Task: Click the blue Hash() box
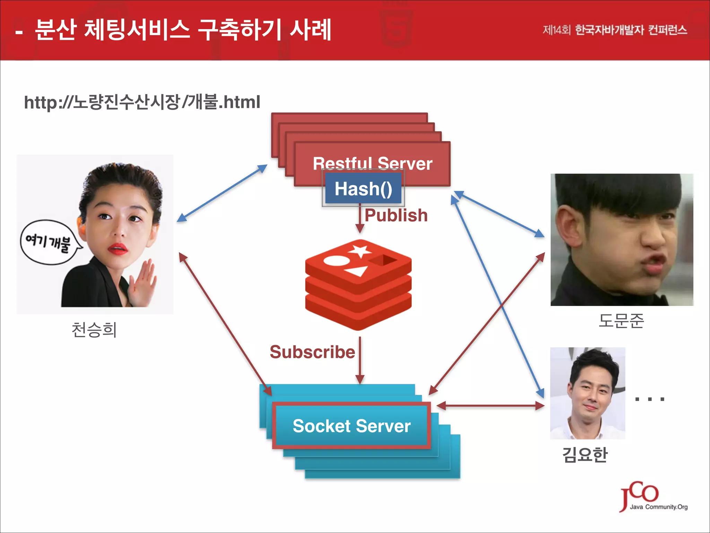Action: tap(363, 188)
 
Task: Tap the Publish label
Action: tap(396, 215)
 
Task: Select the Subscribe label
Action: tap(312, 352)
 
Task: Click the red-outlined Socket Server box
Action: tap(352, 426)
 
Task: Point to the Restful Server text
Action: tap(372, 163)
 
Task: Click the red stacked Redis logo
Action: tap(358, 285)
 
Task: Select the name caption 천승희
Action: tap(94, 330)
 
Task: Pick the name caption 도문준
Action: tap(621, 320)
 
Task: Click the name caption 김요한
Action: tap(585, 455)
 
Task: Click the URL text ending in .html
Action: tap(142, 102)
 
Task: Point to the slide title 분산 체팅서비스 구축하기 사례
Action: tap(183, 30)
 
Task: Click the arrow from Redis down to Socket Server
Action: tap(360, 361)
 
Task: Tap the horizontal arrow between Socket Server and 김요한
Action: tap(491, 405)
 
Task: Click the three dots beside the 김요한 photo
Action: tap(649, 399)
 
